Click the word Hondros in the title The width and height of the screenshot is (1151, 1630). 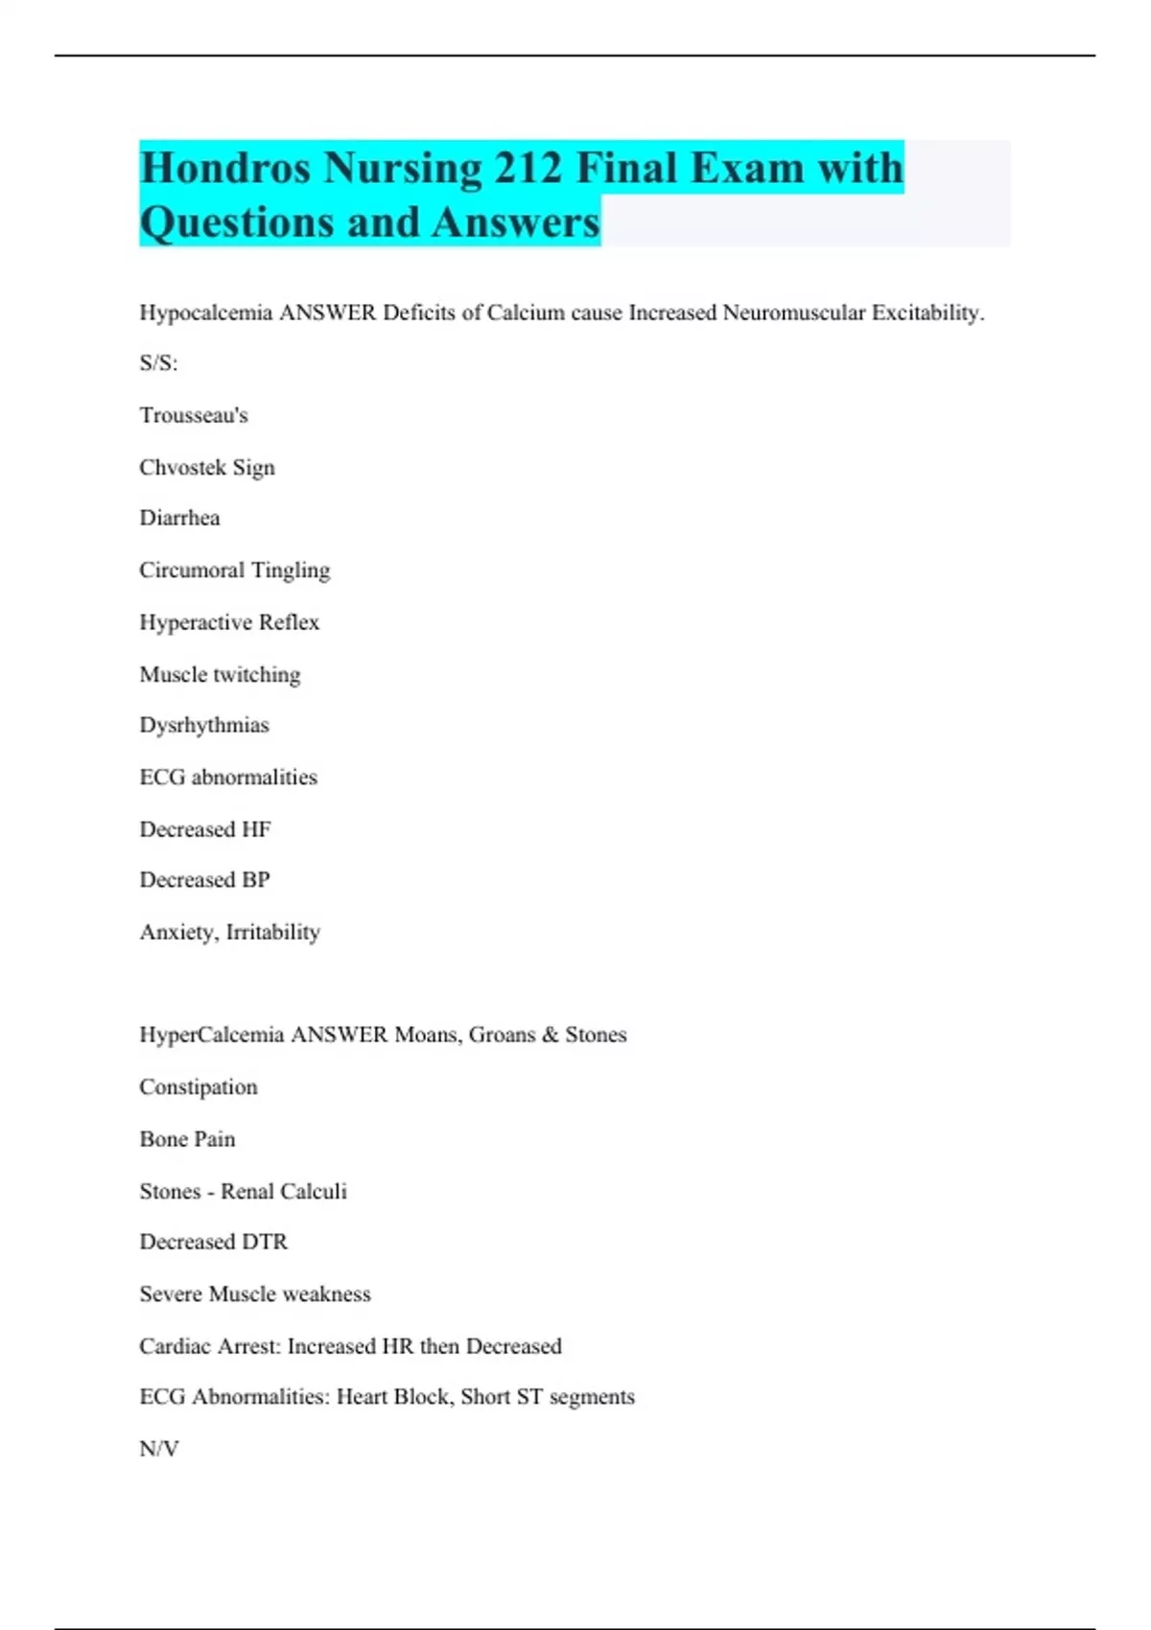(224, 168)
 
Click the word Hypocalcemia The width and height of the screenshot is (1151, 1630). (205, 313)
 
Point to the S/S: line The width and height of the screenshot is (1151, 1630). (158, 363)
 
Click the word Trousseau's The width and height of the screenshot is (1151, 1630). (194, 415)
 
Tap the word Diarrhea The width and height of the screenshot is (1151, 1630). (179, 518)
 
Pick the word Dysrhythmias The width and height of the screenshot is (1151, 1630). (204, 725)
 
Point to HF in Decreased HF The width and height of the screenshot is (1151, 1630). (256, 829)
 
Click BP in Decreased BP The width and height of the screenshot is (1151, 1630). (256, 880)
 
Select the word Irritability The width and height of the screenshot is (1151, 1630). (273, 932)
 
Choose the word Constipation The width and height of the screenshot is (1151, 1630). (199, 1087)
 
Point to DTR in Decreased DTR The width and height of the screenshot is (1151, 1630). (265, 1242)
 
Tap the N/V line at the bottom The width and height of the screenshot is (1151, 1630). (159, 1449)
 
